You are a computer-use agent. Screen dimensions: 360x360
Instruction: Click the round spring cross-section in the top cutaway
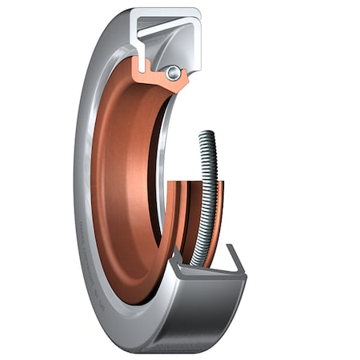tap(172, 73)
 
